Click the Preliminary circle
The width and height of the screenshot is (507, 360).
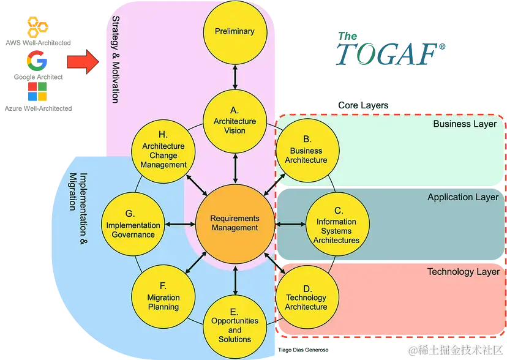click(x=235, y=31)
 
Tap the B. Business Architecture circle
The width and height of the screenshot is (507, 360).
click(x=306, y=150)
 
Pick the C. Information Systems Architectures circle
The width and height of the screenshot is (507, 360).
click(x=336, y=226)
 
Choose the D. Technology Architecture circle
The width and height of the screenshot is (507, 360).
click(x=306, y=298)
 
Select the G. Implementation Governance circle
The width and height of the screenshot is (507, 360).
click(x=133, y=225)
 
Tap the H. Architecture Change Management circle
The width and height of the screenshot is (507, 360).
click(x=163, y=151)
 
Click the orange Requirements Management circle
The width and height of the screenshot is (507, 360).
click(x=235, y=223)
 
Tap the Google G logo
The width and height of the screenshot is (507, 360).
click(x=37, y=62)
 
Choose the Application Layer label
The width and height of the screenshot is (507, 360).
click(x=463, y=197)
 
